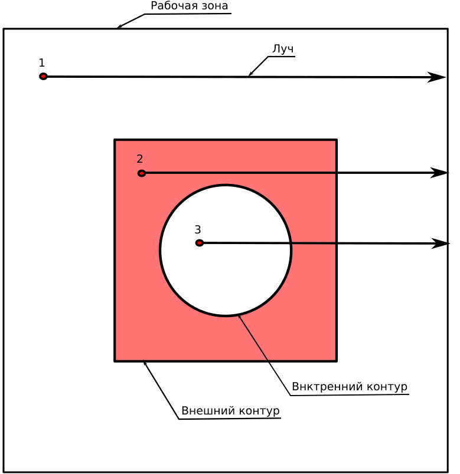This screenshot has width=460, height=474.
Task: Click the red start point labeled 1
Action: [x=43, y=77]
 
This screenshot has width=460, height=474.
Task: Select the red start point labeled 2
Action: [x=141, y=173]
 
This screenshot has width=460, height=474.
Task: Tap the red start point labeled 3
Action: [x=199, y=243]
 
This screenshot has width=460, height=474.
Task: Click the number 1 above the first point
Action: [x=42, y=63]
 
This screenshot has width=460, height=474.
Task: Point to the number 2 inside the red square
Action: [x=139, y=159]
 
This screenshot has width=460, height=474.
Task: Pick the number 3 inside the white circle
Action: [x=198, y=230]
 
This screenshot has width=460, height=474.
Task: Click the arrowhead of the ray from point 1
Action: [x=436, y=77]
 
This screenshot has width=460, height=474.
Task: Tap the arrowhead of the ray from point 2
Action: [x=439, y=173]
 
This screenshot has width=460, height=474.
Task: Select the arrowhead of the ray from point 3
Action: [x=440, y=243]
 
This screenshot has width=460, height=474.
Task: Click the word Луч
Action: [x=283, y=49]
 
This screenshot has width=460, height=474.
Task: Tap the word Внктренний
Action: [x=325, y=387]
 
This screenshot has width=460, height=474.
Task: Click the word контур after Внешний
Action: [x=259, y=411]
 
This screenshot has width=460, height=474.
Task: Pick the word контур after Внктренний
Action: [x=387, y=387]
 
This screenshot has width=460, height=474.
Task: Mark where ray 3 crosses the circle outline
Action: [x=291, y=243]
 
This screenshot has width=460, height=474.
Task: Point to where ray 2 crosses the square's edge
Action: [x=337, y=173]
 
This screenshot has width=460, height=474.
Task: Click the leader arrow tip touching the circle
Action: [x=239, y=315]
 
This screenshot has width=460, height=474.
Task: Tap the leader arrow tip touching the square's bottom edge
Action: [x=144, y=361]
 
